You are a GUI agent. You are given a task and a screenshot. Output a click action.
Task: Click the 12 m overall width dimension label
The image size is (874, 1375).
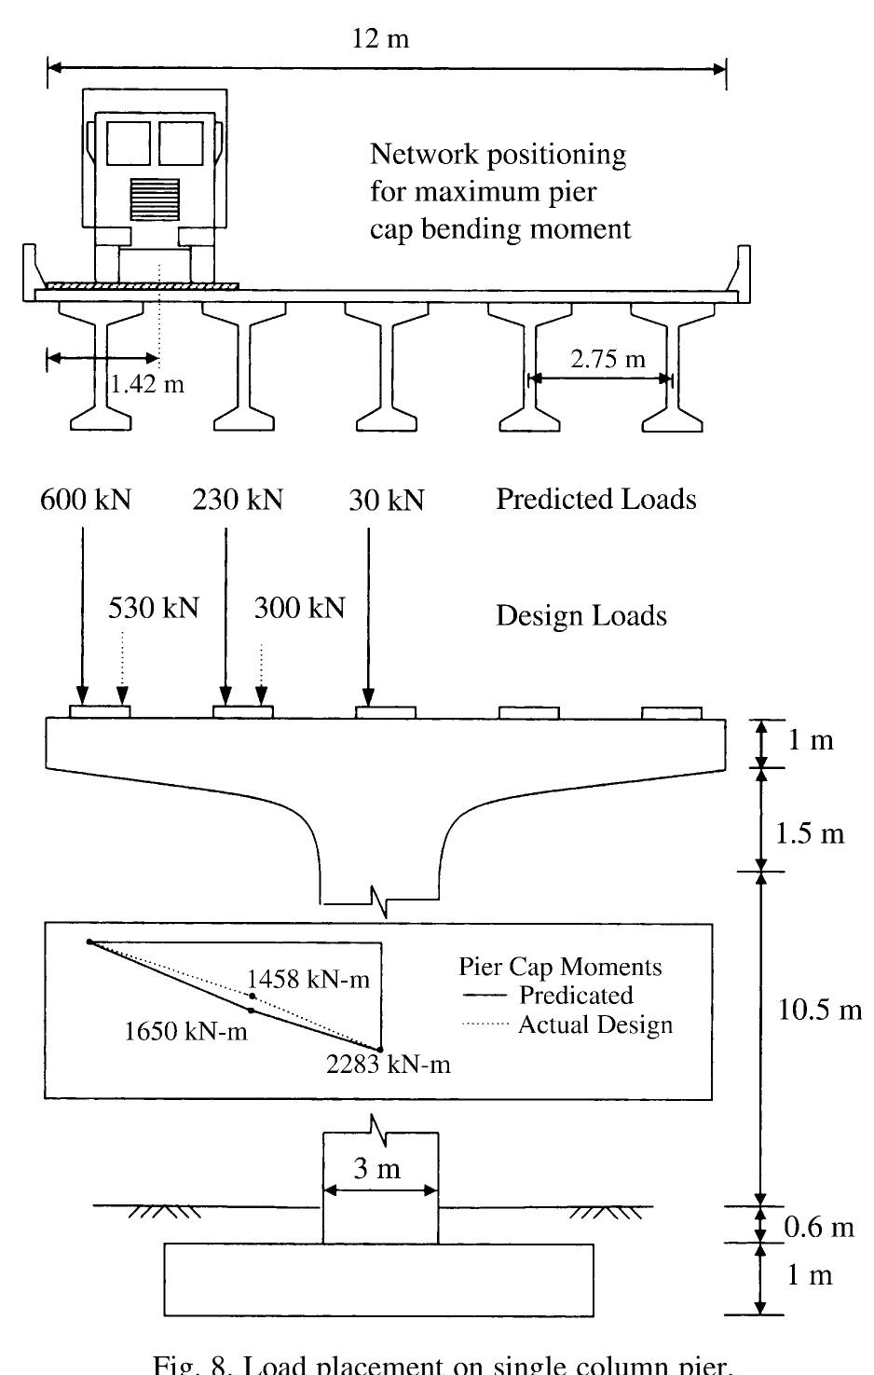(381, 39)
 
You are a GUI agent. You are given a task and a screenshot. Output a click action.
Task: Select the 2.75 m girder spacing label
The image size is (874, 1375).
(608, 359)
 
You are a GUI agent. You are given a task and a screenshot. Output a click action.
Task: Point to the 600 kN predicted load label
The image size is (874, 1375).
(85, 501)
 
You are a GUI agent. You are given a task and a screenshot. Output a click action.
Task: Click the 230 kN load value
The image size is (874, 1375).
(238, 501)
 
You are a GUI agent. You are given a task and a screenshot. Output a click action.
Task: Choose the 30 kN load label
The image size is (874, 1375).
(387, 502)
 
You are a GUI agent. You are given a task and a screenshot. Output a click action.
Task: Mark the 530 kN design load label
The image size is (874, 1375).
(154, 608)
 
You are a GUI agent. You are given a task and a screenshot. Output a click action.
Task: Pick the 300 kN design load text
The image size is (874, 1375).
(299, 608)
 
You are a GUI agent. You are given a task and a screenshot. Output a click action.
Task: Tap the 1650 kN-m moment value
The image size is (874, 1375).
(186, 1031)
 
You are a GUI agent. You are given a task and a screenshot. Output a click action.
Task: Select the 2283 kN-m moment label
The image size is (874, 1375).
(389, 1064)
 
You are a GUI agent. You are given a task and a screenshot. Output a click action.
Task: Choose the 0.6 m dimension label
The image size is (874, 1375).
(818, 1227)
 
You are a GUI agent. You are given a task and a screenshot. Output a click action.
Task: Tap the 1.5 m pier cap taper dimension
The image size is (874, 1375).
(810, 832)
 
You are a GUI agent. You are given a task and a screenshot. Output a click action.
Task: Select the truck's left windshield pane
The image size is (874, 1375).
(129, 143)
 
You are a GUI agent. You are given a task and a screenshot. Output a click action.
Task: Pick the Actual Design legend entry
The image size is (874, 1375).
(594, 1025)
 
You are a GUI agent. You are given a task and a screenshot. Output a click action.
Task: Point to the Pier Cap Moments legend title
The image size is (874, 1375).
(560, 967)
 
